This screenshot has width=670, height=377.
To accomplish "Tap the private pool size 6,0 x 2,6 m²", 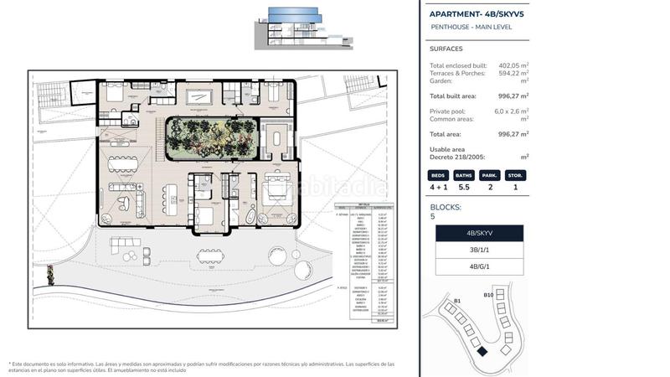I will coord(511,111).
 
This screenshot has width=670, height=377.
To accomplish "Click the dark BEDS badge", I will coord(438,176).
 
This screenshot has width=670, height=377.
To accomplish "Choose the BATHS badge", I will coord(463,176).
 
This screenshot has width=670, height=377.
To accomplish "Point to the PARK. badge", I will coord(489,176).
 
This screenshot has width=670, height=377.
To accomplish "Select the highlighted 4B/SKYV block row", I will coord(479,234).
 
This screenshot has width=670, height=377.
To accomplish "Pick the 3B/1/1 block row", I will coord(479,250).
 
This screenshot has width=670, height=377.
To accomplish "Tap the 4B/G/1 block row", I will coord(479,267).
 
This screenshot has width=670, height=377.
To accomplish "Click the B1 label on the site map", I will coord(457,300).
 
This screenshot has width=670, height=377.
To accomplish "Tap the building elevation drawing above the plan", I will coord(293,25).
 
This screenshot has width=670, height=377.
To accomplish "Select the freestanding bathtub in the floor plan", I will coord(250,215).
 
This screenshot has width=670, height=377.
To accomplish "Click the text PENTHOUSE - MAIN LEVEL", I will coord(470,28).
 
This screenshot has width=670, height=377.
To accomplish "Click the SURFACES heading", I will coord(446,49).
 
